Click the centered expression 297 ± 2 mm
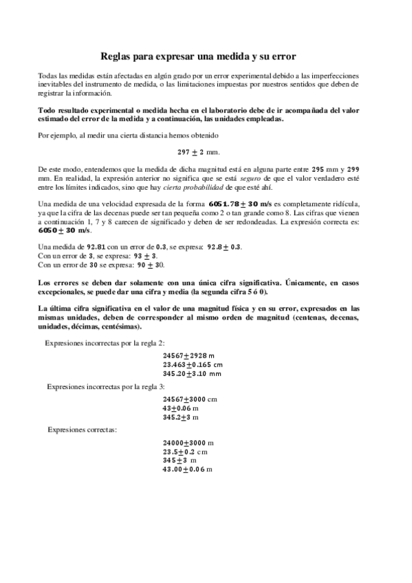(205, 151)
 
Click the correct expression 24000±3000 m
(188, 443)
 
